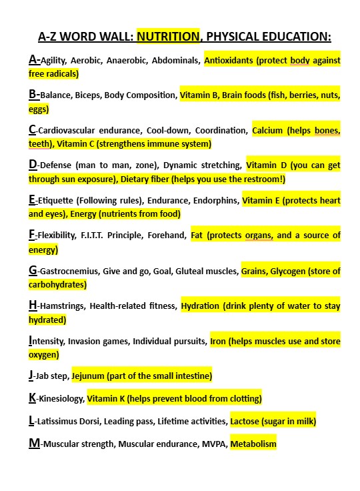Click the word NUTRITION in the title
click(x=169, y=36)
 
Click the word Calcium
click(x=267, y=131)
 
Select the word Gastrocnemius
click(x=65, y=271)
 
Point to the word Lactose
click(x=248, y=422)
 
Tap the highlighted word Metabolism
click(x=253, y=444)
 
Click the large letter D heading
click(x=33, y=165)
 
